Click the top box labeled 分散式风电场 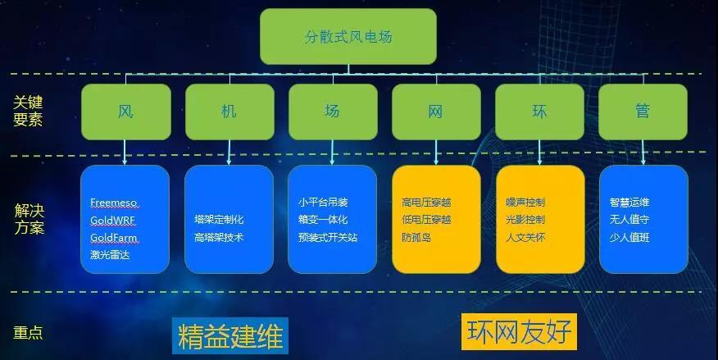tap(348, 36)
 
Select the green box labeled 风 tap(126, 112)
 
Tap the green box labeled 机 tap(229, 112)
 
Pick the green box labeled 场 tap(333, 112)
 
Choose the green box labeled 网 tap(436, 112)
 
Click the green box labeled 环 tap(539, 112)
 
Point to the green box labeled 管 tap(643, 112)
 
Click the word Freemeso tap(114, 203)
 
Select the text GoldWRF tap(112, 221)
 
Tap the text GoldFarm tap(114, 238)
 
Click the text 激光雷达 tap(110, 255)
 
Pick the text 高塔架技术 tap(219, 237)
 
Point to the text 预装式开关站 tap(328, 237)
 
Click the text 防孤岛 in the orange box tap(416, 237)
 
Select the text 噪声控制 tap(525, 202)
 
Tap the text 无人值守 tap(629, 220)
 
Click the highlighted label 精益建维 tap(230, 335)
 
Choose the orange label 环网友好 tap(520, 331)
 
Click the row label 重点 tap(28, 332)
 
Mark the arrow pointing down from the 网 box tap(436, 153)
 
